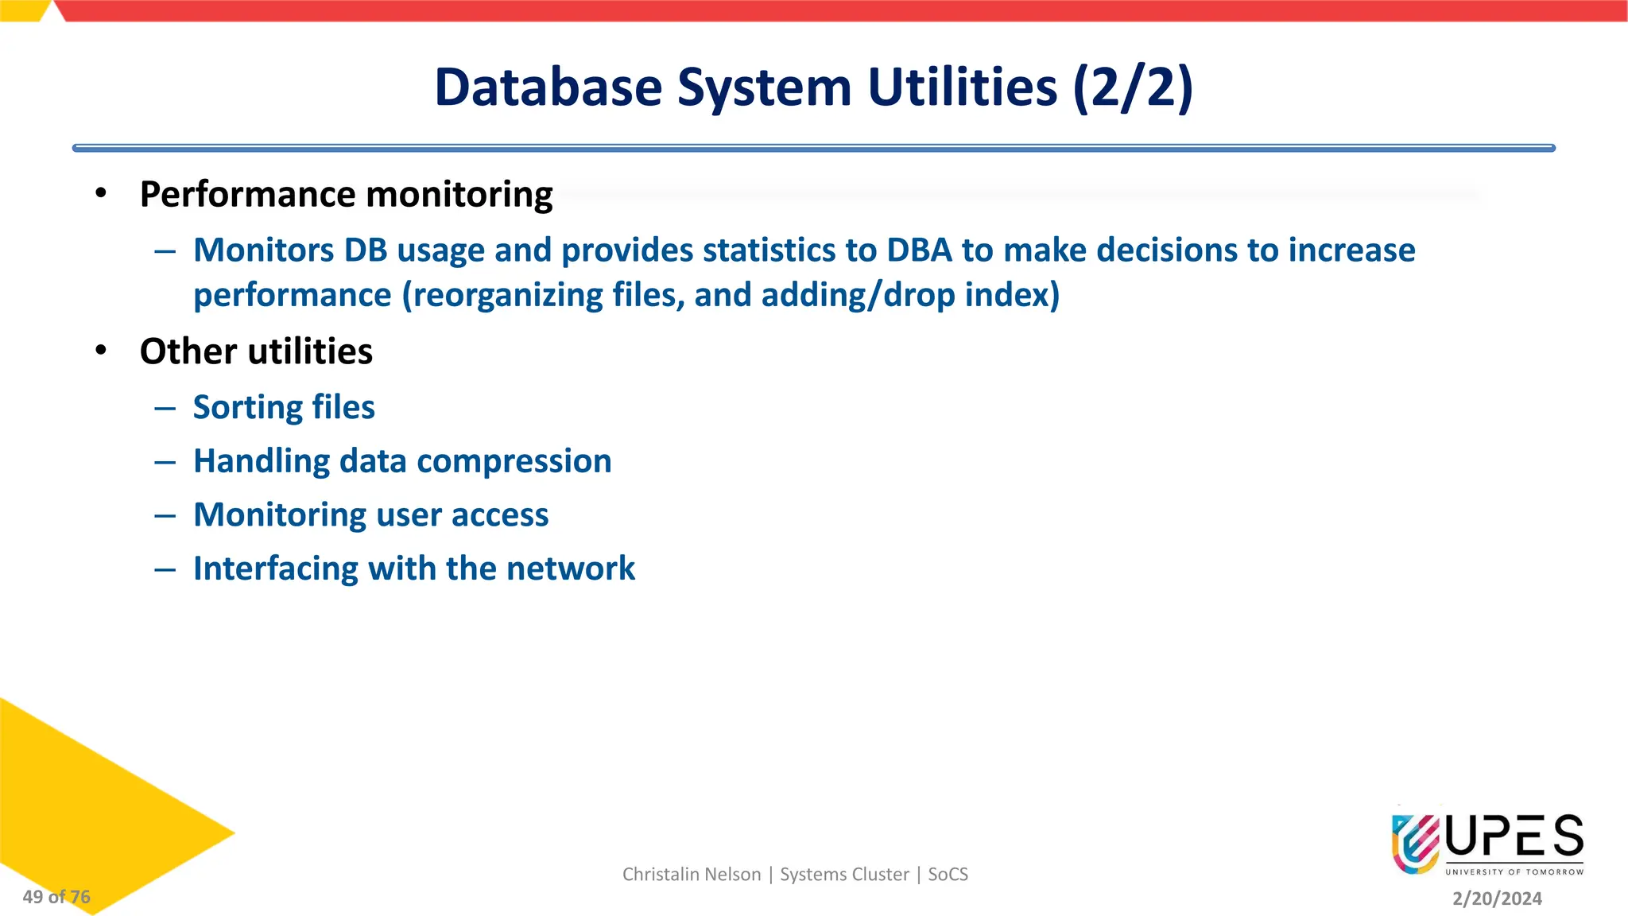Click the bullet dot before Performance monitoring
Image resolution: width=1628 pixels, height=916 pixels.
point(100,193)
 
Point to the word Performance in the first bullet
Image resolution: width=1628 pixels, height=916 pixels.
point(247,195)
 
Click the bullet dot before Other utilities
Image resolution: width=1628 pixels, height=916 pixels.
point(100,351)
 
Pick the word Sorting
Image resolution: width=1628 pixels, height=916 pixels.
point(247,408)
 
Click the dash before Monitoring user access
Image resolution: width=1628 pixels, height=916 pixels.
point(165,516)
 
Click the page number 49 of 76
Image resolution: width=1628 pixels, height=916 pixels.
point(56,897)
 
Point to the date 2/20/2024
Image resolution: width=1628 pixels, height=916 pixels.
point(1497,899)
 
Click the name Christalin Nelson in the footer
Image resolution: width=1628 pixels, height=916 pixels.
point(692,875)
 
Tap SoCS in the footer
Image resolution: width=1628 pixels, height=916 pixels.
point(948,875)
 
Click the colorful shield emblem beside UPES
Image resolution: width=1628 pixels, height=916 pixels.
point(1415,843)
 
